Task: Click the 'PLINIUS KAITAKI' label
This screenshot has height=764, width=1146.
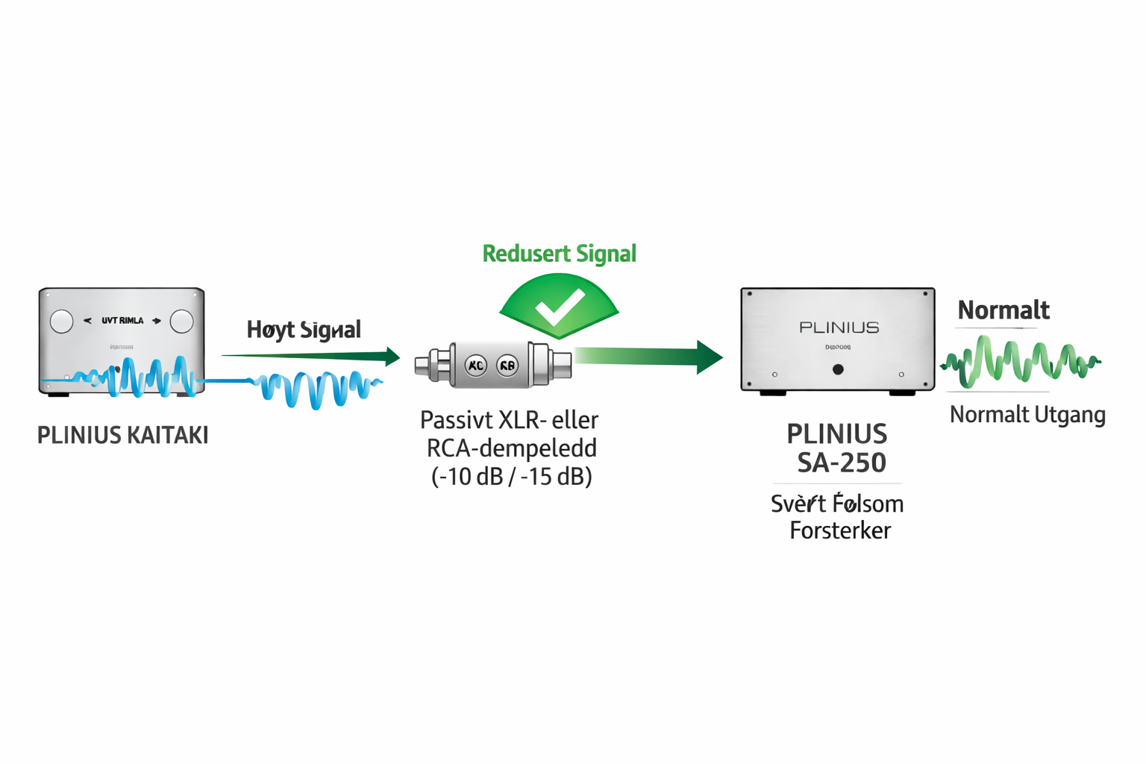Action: [x=122, y=435]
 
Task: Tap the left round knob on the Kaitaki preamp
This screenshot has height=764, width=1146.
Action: [x=61, y=322]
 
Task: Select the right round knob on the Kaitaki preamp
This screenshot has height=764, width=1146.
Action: [x=181, y=322]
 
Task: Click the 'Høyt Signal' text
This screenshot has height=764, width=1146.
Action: [x=304, y=330]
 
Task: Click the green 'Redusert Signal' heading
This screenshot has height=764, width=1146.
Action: [x=559, y=254]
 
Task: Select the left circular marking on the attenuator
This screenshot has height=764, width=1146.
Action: [x=475, y=366]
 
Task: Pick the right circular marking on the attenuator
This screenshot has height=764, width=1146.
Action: [x=507, y=366]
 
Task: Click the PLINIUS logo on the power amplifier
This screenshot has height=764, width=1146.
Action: [x=839, y=328]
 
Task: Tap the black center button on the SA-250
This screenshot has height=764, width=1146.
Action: [x=838, y=369]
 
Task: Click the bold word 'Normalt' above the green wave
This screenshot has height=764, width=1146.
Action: [x=1003, y=310]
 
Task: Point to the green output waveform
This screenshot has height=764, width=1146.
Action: [x=1019, y=362]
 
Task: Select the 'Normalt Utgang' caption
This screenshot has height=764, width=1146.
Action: [x=1027, y=415]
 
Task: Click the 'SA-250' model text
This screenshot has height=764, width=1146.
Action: [x=841, y=463]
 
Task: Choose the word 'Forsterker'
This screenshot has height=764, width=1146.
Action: [x=840, y=531]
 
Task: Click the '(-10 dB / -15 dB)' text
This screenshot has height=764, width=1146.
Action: [x=512, y=476]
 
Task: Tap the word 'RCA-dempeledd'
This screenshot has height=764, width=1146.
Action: [x=511, y=448]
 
